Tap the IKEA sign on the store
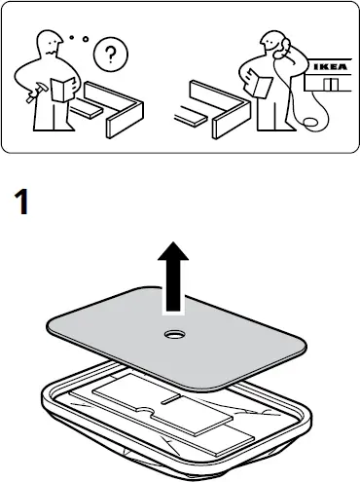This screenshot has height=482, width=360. pyautogui.click(x=326, y=67)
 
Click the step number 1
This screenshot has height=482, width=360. pyautogui.click(x=23, y=204)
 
